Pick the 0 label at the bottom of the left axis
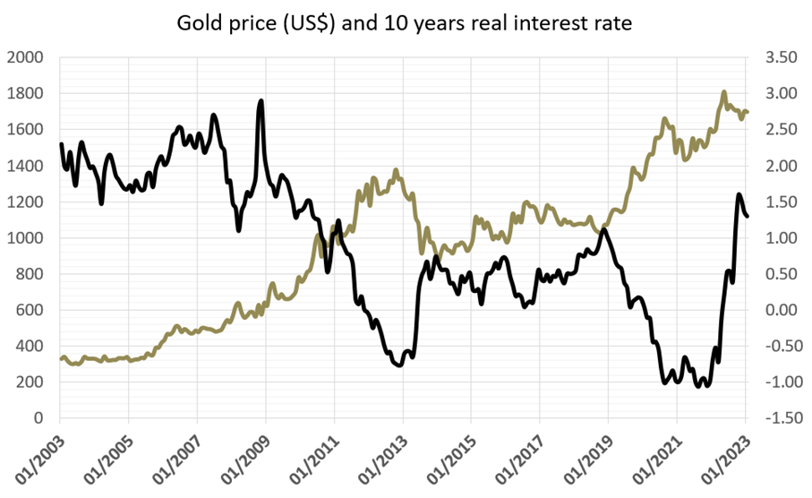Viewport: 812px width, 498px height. [x=38, y=418]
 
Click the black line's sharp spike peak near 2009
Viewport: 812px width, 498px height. [x=261, y=100]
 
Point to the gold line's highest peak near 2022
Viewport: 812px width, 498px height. [x=724, y=91]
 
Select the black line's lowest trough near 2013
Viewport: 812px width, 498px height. [x=399, y=365]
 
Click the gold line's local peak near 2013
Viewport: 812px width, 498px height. [x=396, y=169]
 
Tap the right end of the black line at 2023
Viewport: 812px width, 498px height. [x=747, y=215]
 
